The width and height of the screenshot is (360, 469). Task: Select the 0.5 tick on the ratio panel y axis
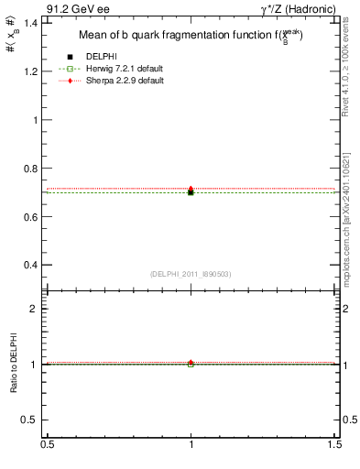(33, 420)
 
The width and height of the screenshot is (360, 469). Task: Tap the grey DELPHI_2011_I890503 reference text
(191, 274)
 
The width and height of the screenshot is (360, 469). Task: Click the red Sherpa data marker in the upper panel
(191, 189)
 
